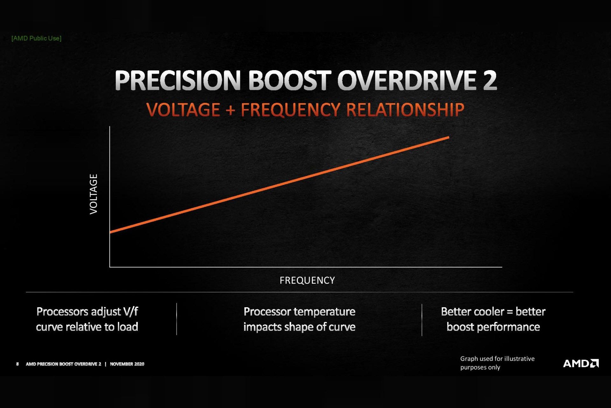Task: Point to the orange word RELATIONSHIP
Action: tap(405, 110)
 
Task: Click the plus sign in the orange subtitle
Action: tap(230, 110)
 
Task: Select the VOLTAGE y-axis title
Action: tap(94, 194)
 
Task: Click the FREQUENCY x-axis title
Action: tap(307, 280)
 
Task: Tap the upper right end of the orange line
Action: tap(448, 138)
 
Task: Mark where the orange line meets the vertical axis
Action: tap(110, 232)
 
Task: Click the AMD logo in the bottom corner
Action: tap(581, 363)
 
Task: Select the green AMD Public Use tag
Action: tap(36, 38)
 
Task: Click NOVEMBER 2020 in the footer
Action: tap(127, 364)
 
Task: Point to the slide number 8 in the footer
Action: tap(18, 364)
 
